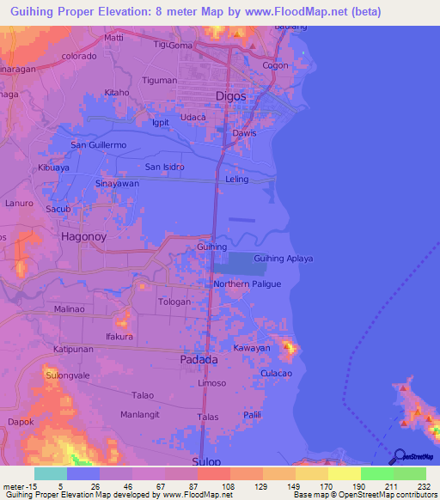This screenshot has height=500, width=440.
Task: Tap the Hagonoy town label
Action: [87, 233]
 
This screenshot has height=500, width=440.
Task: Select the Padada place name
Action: [199, 361]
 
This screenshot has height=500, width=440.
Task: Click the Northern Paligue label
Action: [247, 284]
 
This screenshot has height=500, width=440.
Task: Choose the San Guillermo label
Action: [98, 144]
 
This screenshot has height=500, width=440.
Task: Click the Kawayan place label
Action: [252, 348]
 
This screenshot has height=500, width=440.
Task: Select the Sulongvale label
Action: [68, 375]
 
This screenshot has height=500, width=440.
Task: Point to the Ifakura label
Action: [119, 336]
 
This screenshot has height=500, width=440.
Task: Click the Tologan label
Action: [175, 302]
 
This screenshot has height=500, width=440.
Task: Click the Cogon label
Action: [275, 65]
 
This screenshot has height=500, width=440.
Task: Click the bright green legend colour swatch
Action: [376, 474]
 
